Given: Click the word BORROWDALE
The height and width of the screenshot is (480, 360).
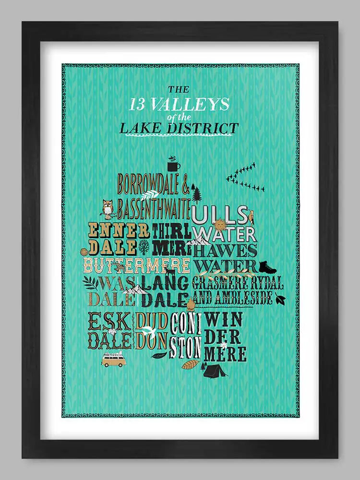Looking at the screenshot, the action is click(149, 183).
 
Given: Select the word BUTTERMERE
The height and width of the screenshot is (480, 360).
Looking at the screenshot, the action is click(137, 265).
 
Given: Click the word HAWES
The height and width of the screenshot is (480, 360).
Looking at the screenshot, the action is click(226, 250).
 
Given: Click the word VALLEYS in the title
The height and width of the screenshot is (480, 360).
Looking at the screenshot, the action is click(197, 104).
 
